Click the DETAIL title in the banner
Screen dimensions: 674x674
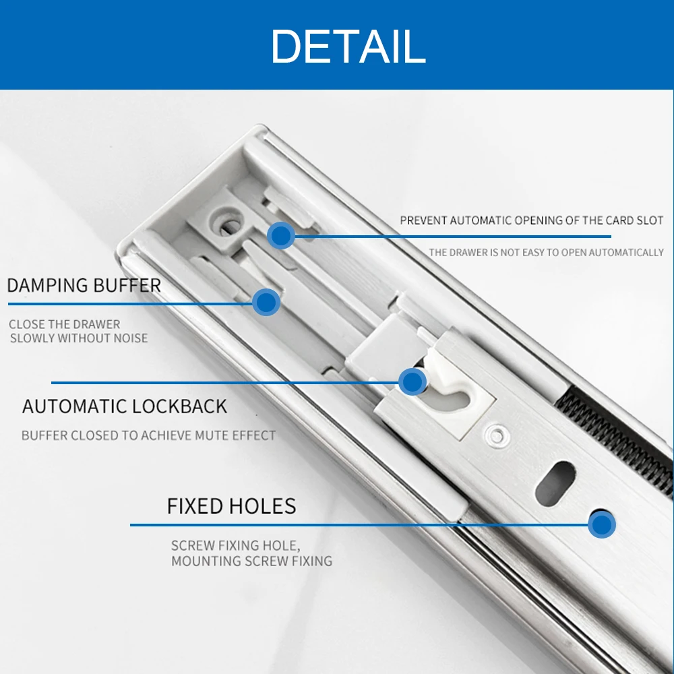348,46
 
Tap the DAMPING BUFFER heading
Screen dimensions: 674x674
84,285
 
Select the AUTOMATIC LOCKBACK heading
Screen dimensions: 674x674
125,406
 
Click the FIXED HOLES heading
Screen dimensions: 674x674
231,506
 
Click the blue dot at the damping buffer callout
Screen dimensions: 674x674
267,302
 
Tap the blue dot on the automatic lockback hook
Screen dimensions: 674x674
412,382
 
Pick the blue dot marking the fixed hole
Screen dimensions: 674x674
601,524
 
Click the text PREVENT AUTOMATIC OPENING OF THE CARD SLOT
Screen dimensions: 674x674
531,220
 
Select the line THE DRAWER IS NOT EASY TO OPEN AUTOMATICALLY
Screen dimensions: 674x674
546,253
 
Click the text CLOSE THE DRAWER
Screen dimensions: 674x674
65,324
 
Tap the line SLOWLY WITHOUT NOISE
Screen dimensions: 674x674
79,338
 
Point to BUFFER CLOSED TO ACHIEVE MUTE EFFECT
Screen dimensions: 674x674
148,435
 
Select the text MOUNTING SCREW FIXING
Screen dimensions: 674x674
251,561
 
